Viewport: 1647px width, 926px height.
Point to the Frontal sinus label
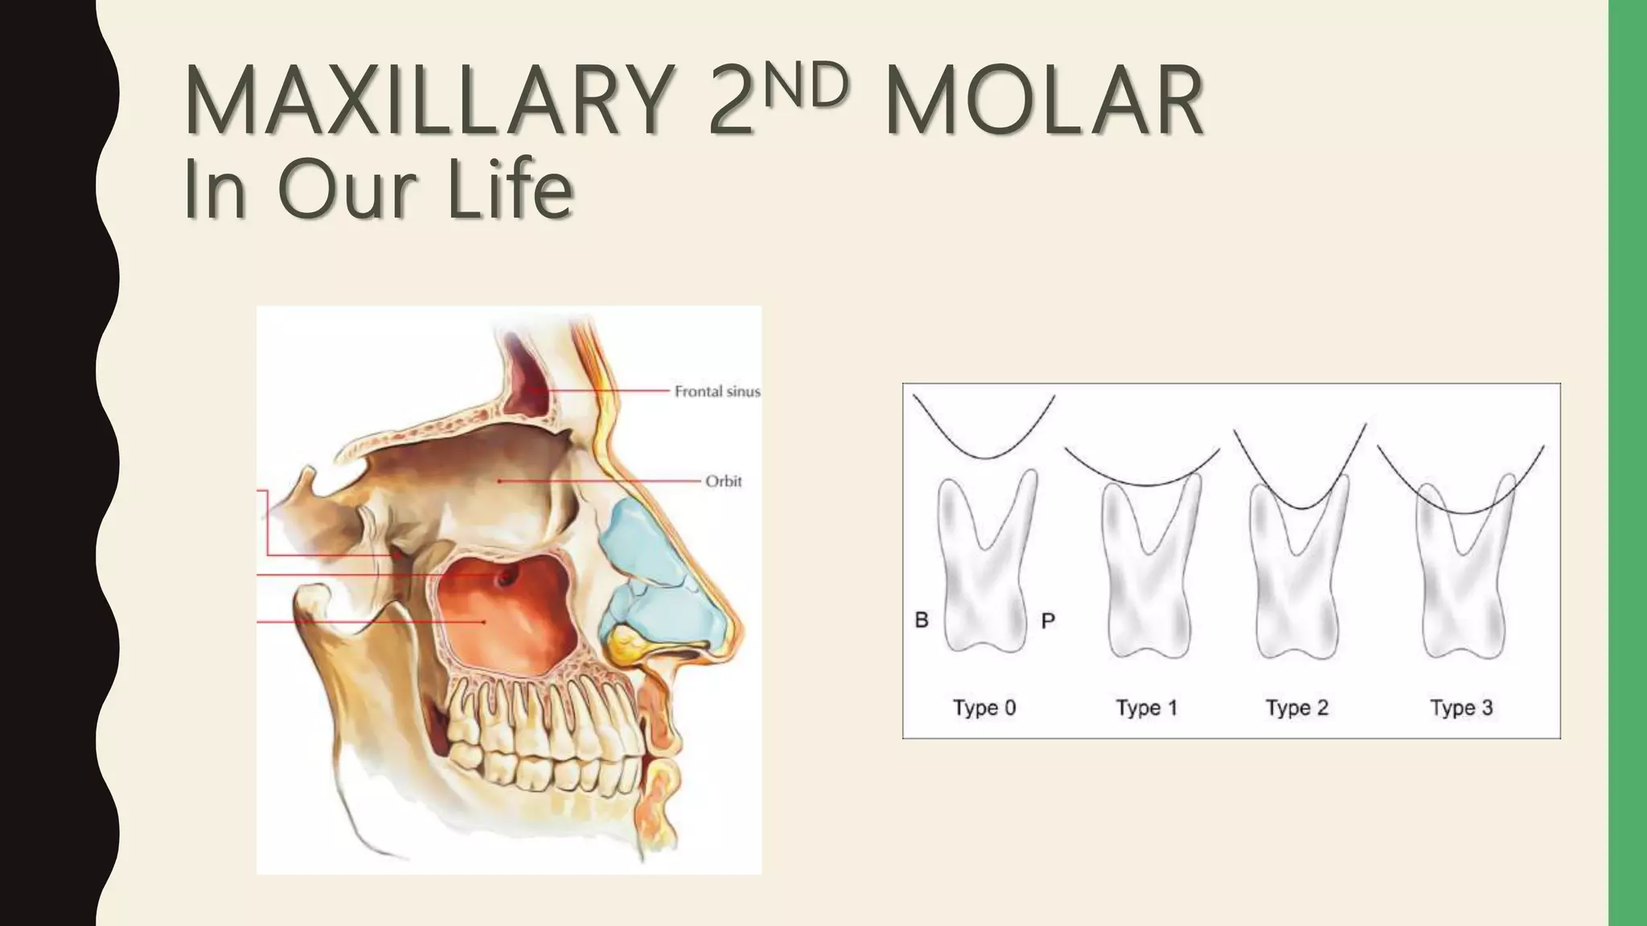(717, 391)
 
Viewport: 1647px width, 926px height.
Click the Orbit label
(723, 481)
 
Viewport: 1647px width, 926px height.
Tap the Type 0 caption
(984, 708)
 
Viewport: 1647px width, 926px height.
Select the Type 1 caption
(1146, 708)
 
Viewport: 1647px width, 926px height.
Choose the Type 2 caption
(1296, 708)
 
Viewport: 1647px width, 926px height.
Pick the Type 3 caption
(1461, 708)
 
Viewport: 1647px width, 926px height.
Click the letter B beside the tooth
(922, 620)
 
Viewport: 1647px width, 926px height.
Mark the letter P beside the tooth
(1048, 621)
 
